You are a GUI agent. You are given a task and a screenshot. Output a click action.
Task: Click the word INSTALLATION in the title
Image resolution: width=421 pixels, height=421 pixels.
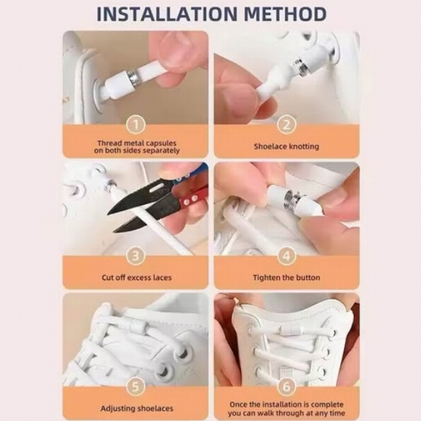[x=167, y=14]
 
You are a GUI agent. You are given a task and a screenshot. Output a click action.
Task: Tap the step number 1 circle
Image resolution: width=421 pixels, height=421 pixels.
[x=136, y=124]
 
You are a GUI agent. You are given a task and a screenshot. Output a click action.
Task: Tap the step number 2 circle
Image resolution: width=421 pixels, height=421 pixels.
[x=286, y=124]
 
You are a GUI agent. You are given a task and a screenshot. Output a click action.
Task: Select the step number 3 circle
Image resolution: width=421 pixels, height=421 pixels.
[x=136, y=255]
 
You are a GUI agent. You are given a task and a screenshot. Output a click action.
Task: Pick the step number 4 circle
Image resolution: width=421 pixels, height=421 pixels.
[x=286, y=255]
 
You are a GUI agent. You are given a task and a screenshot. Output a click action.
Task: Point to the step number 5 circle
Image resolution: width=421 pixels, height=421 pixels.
[x=136, y=387]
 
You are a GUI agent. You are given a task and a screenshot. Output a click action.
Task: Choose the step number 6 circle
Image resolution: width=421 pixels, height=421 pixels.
[x=286, y=387]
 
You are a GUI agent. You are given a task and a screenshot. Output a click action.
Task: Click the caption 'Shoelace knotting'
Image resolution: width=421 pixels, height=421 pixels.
[x=286, y=147]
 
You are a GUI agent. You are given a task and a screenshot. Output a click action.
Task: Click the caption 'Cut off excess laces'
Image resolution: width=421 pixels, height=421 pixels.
[x=136, y=277]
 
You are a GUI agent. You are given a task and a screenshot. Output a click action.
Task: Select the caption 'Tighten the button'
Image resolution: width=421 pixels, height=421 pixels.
[x=286, y=277]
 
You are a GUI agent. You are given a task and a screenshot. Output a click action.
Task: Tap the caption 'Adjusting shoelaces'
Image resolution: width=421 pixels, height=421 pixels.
[x=137, y=408]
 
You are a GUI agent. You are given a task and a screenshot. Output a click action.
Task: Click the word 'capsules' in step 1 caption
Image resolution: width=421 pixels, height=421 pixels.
[x=161, y=143]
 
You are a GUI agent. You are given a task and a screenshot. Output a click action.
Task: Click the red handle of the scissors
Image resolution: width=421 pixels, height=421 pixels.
[x=194, y=199]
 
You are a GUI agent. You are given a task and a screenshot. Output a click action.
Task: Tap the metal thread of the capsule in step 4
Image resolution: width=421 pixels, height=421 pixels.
[x=292, y=197]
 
